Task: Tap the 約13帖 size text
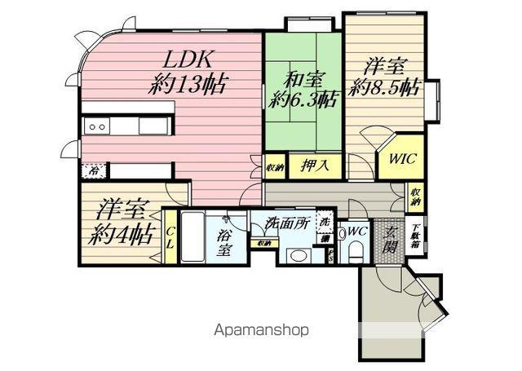click(188, 84)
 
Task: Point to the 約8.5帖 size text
click(384, 87)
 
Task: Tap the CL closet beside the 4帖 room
click(170, 236)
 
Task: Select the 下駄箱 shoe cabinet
click(415, 235)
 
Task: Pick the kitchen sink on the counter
click(154, 126)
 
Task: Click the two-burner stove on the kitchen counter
click(97, 126)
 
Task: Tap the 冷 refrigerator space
click(94, 171)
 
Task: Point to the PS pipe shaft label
click(330, 254)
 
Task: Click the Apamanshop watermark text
click(262, 331)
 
